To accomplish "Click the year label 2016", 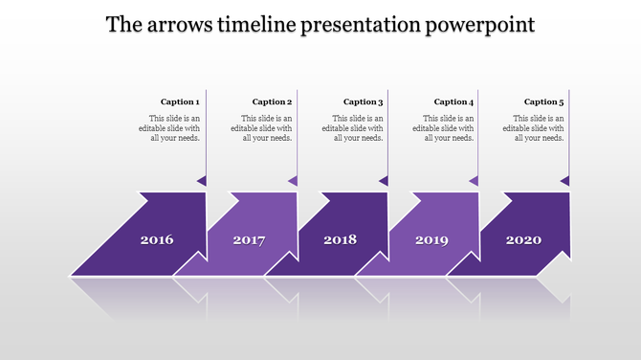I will pyautogui.click(x=157, y=239).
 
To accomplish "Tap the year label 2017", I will pyautogui.click(x=249, y=239).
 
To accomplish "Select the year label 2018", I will pyautogui.click(x=340, y=239).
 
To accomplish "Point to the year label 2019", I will pyautogui.click(x=431, y=239).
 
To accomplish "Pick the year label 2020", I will pyautogui.click(x=522, y=239).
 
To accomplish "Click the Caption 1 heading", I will pyautogui.click(x=180, y=101).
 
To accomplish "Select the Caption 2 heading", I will pyautogui.click(x=271, y=101).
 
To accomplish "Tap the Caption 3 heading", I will pyautogui.click(x=363, y=101).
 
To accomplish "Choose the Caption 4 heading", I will pyautogui.click(x=453, y=101).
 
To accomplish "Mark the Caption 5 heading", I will pyautogui.click(x=543, y=101).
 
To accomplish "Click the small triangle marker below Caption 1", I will pyautogui.click(x=202, y=180).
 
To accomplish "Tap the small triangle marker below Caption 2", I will pyautogui.click(x=293, y=180).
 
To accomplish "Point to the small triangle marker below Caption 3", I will pyautogui.click(x=384, y=180).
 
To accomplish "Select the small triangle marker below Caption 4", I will pyautogui.click(x=474, y=180).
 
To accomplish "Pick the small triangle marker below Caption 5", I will pyautogui.click(x=564, y=180).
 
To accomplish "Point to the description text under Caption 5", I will pyautogui.click(x=533, y=127).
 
